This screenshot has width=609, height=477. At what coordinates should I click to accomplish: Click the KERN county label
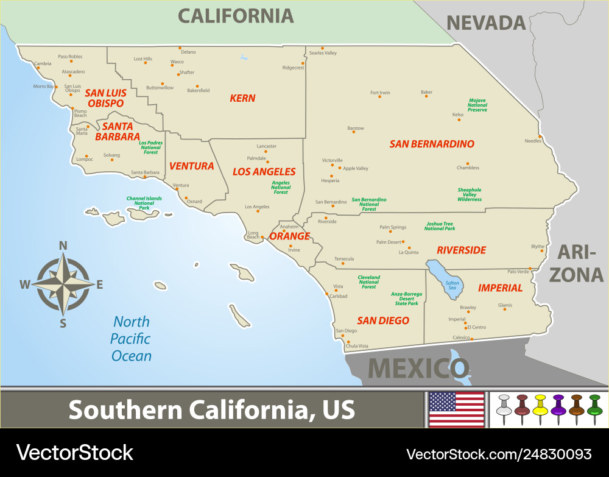(x=242, y=98)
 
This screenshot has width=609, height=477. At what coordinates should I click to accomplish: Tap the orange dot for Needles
(x=540, y=136)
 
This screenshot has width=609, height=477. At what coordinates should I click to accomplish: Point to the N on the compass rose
(x=63, y=246)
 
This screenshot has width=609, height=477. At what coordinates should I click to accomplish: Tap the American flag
(x=456, y=409)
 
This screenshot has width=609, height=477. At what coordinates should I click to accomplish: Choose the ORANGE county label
(x=289, y=236)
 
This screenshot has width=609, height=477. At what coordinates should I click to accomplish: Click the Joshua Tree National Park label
(x=440, y=226)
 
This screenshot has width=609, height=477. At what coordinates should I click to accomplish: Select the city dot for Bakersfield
(x=197, y=87)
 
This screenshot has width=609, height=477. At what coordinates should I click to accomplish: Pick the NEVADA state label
(x=486, y=23)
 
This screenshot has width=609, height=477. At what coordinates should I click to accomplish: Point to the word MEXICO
(x=418, y=368)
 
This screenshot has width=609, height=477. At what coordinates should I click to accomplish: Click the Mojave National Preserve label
(x=477, y=105)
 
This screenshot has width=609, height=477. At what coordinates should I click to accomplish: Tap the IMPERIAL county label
(x=500, y=288)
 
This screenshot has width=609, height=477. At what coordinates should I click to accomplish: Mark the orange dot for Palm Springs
(x=390, y=231)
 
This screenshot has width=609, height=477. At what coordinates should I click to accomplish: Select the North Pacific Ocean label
(x=131, y=339)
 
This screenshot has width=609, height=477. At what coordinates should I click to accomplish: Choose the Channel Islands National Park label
(x=144, y=203)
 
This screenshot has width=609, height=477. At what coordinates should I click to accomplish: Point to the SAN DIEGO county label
(x=383, y=320)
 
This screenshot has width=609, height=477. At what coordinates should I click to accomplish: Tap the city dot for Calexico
(x=471, y=339)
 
